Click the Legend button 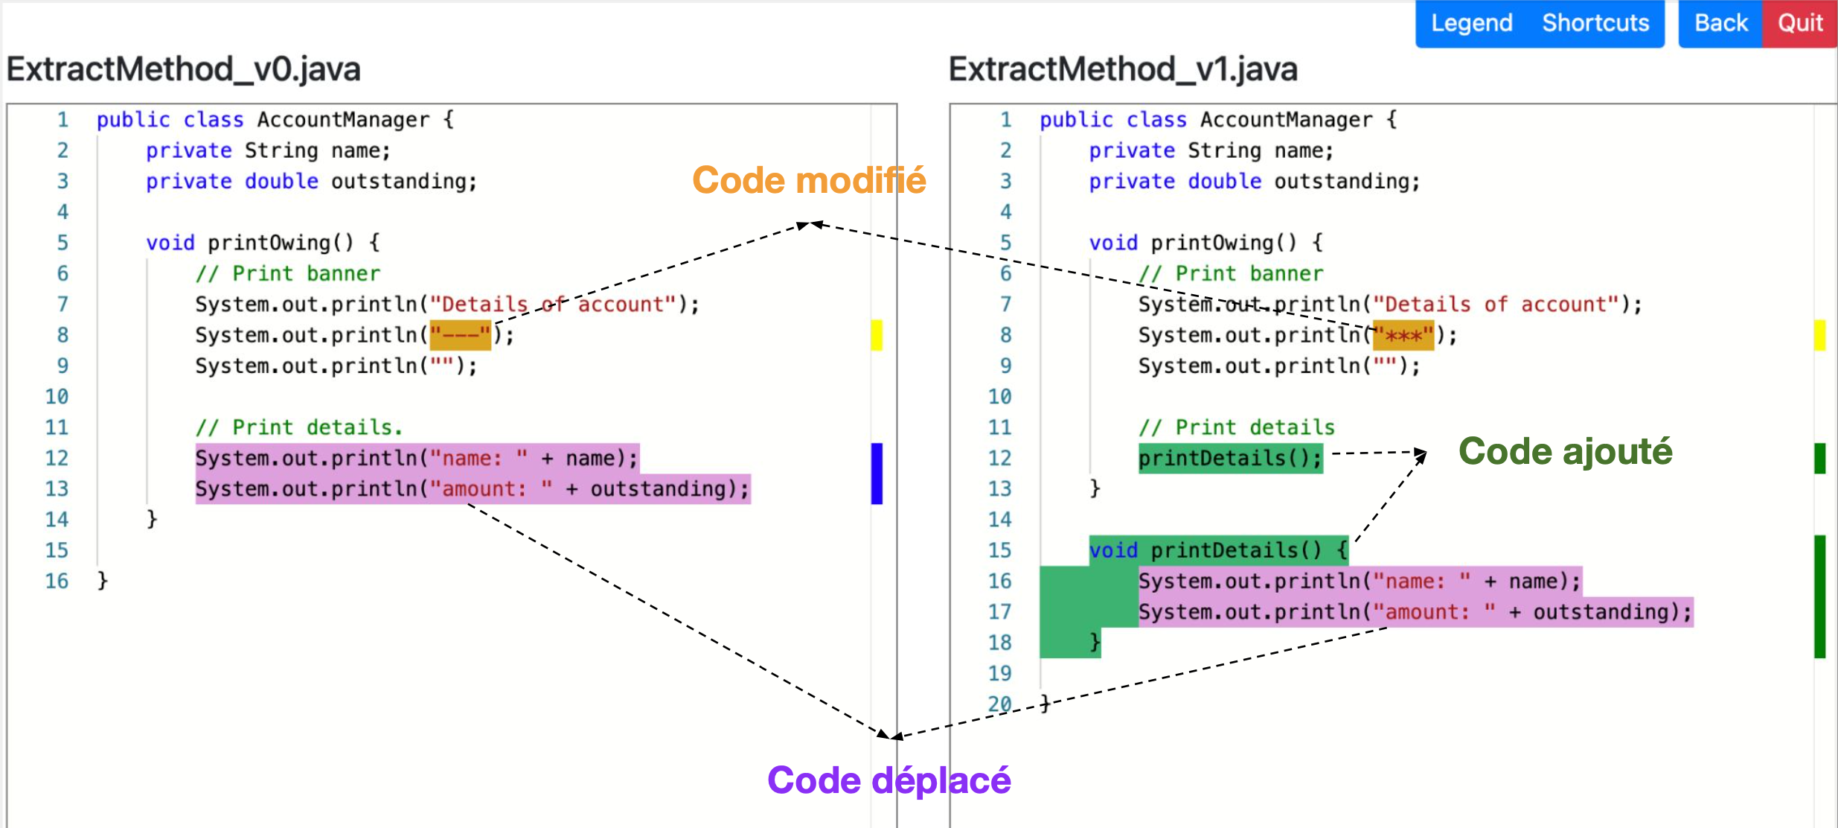pos(1471,23)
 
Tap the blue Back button pos(1720,23)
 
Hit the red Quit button pos(1800,23)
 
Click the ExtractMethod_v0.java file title pos(184,69)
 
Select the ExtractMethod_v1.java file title pos(1123,69)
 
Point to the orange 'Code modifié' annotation pos(809,180)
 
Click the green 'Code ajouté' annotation pos(1565,451)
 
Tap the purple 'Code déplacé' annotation pos(888,780)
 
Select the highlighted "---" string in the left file pos(461,335)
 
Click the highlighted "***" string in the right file pos(1403,335)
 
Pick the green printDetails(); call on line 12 pos(1230,458)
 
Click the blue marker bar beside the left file pos(877,474)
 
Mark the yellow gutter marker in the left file pos(877,335)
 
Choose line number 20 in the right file pos(999,704)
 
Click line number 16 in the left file pos(57,581)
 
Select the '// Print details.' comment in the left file pos(298,427)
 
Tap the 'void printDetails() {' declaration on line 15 pos(1218,550)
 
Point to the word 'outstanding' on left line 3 pos(403,181)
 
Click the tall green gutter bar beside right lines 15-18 pos(1819,596)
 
